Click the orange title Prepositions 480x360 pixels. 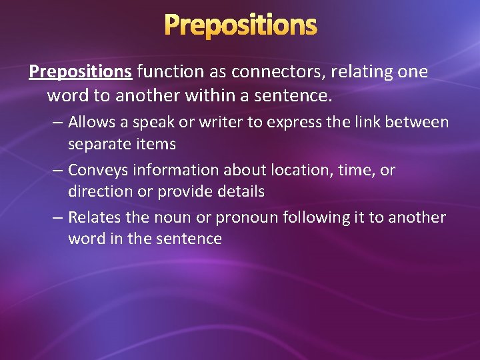[x=240, y=25]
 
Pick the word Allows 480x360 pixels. [x=91, y=123]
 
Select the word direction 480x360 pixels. [x=98, y=191]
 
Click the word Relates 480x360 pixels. [x=93, y=217]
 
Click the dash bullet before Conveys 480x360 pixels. [x=58, y=171]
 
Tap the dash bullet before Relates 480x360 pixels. [x=58, y=217]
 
